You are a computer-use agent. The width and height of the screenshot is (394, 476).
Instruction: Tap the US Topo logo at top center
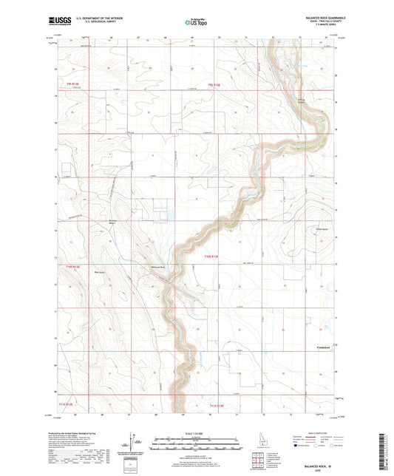pyautogui.click(x=195, y=23)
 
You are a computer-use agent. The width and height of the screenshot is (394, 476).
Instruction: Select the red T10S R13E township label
pyautogui.click(x=213, y=256)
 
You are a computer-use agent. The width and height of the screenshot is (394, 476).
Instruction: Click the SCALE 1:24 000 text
pyautogui.click(x=196, y=432)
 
